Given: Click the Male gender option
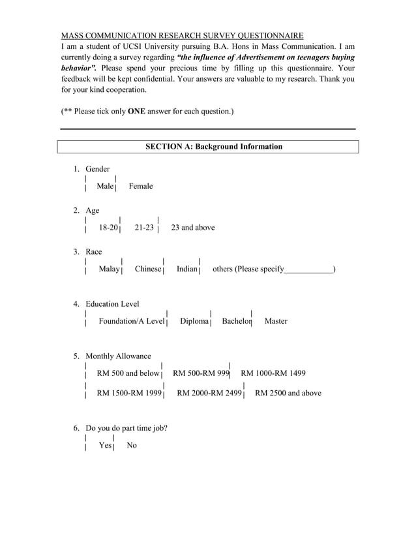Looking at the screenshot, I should (x=104, y=187).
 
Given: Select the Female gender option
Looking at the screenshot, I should (x=141, y=187).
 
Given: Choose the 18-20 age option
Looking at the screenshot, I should (x=108, y=228).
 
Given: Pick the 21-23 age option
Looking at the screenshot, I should (x=144, y=228).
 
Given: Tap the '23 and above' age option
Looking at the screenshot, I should (x=192, y=228).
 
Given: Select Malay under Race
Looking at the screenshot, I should (x=109, y=269).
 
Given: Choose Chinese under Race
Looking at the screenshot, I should (x=148, y=269).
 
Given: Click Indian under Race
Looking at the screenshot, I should (x=186, y=269).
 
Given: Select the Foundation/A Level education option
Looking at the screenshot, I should (x=131, y=321).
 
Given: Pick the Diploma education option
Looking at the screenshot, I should (x=194, y=321).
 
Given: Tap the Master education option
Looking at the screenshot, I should (x=276, y=321).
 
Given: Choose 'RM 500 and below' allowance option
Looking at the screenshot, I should (x=128, y=373).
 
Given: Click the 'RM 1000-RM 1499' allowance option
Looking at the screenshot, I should (x=273, y=373).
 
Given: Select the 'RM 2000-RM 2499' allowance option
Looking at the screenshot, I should (x=209, y=393).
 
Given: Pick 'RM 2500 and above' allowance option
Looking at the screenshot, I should (x=288, y=393).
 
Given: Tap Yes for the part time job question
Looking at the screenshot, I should (x=105, y=445).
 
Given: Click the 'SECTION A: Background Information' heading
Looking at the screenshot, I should (x=213, y=147).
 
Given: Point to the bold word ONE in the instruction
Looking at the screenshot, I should (x=136, y=112).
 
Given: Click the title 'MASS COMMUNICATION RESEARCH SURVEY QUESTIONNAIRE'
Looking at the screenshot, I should (x=182, y=35).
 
